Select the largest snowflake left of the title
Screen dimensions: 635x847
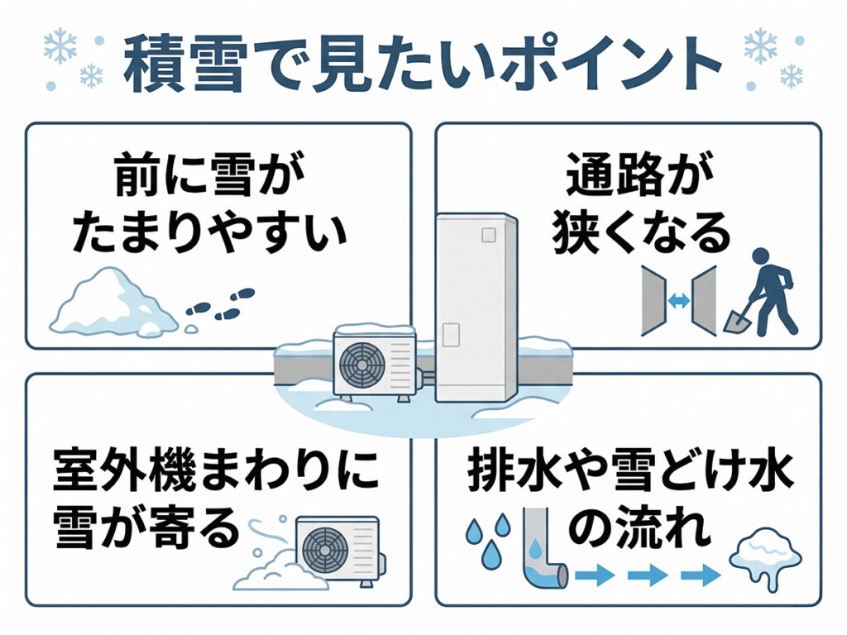click(60, 46)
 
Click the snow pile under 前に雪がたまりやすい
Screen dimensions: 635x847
click(112, 303)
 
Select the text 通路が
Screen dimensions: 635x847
click(629, 176)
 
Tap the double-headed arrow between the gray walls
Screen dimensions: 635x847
click(679, 302)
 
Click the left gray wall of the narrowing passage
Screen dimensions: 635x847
click(654, 302)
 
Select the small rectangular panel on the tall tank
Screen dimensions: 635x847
click(451, 334)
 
